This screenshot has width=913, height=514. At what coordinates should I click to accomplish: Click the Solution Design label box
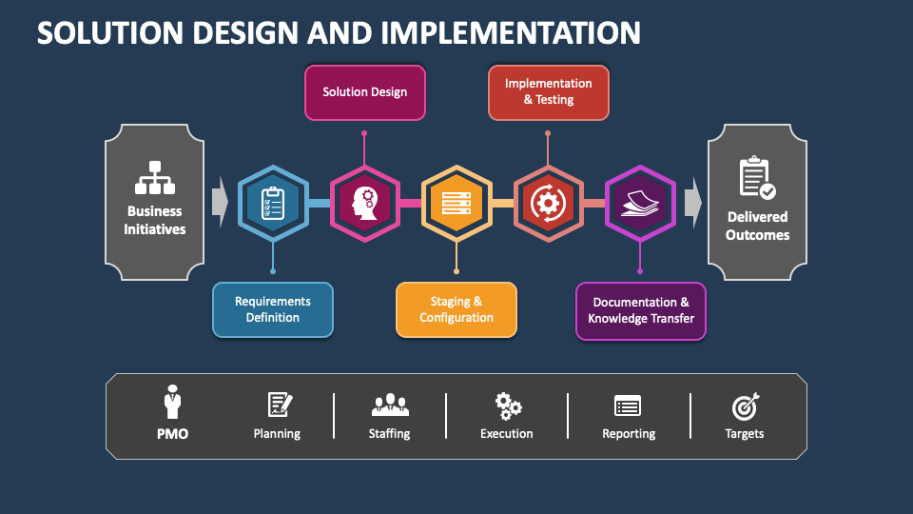click(365, 92)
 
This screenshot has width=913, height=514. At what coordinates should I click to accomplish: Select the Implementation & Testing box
click(549, 92)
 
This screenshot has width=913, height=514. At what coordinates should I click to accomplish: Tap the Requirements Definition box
click(273, 310)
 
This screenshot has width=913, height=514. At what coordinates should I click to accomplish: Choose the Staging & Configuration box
click(456, 310)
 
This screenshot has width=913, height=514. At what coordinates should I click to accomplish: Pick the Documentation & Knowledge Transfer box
click(640, 311)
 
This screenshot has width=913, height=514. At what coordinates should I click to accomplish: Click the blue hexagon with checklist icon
click(273, 204)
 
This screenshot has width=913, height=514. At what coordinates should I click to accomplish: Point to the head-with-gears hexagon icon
click(365, 204)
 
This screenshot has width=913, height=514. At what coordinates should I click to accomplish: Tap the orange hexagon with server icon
click(456, 204)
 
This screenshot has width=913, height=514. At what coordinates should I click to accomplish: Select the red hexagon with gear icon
click(549, 204)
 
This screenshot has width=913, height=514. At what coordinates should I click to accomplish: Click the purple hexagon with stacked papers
click(640, 204)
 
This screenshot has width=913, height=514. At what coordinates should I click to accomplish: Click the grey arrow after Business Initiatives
click(220, 202)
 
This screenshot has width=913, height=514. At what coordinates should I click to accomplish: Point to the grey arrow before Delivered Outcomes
click(693, 202)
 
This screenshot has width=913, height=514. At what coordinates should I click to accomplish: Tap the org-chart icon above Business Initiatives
click(155, 178)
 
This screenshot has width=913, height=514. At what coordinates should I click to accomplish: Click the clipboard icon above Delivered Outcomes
click(757, 178)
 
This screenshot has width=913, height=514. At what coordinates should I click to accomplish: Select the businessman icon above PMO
click(172, 402)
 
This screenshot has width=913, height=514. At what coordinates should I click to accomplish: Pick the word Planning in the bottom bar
click(277, 434)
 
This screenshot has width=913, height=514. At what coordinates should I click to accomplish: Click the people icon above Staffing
click(390, 405)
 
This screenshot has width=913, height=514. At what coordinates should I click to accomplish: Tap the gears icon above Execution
click(508, 406)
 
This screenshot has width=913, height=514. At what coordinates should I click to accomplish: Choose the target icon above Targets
click(746, 406)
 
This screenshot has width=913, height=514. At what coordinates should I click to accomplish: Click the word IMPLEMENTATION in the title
click(511, 32)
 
